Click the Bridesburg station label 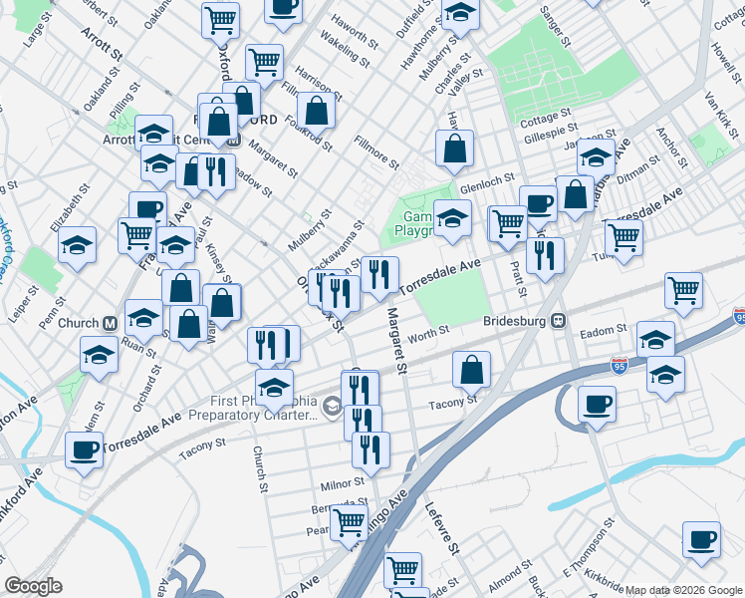(x=516, y=321)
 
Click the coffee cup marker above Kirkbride (x=701, y=539)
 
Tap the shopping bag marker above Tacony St (x=472, y=370)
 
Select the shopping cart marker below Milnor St (x=349, y=520)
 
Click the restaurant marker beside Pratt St (x=545, y=255)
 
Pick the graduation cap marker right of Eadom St (x=655, y=339)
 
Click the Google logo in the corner (x=34, y=586)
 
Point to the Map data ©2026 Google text (x=684, y=590)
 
